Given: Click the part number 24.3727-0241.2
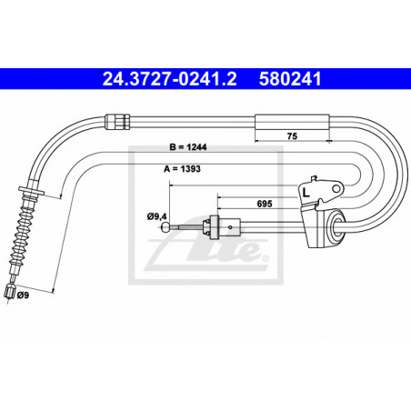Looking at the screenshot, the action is pos(169,79).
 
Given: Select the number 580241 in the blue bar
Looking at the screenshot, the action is pos(290,79).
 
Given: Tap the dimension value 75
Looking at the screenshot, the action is pos(292,136).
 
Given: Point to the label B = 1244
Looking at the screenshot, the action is pos(188,147).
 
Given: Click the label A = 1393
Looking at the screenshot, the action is pos(182,169).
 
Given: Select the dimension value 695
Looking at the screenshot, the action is pos(265,204).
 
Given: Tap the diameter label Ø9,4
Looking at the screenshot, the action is pos(157,216).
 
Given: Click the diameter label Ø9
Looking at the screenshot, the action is pos(23,295).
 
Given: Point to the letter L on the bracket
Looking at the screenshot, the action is pos(306,193).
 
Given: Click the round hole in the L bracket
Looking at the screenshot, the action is pos(336,189).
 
